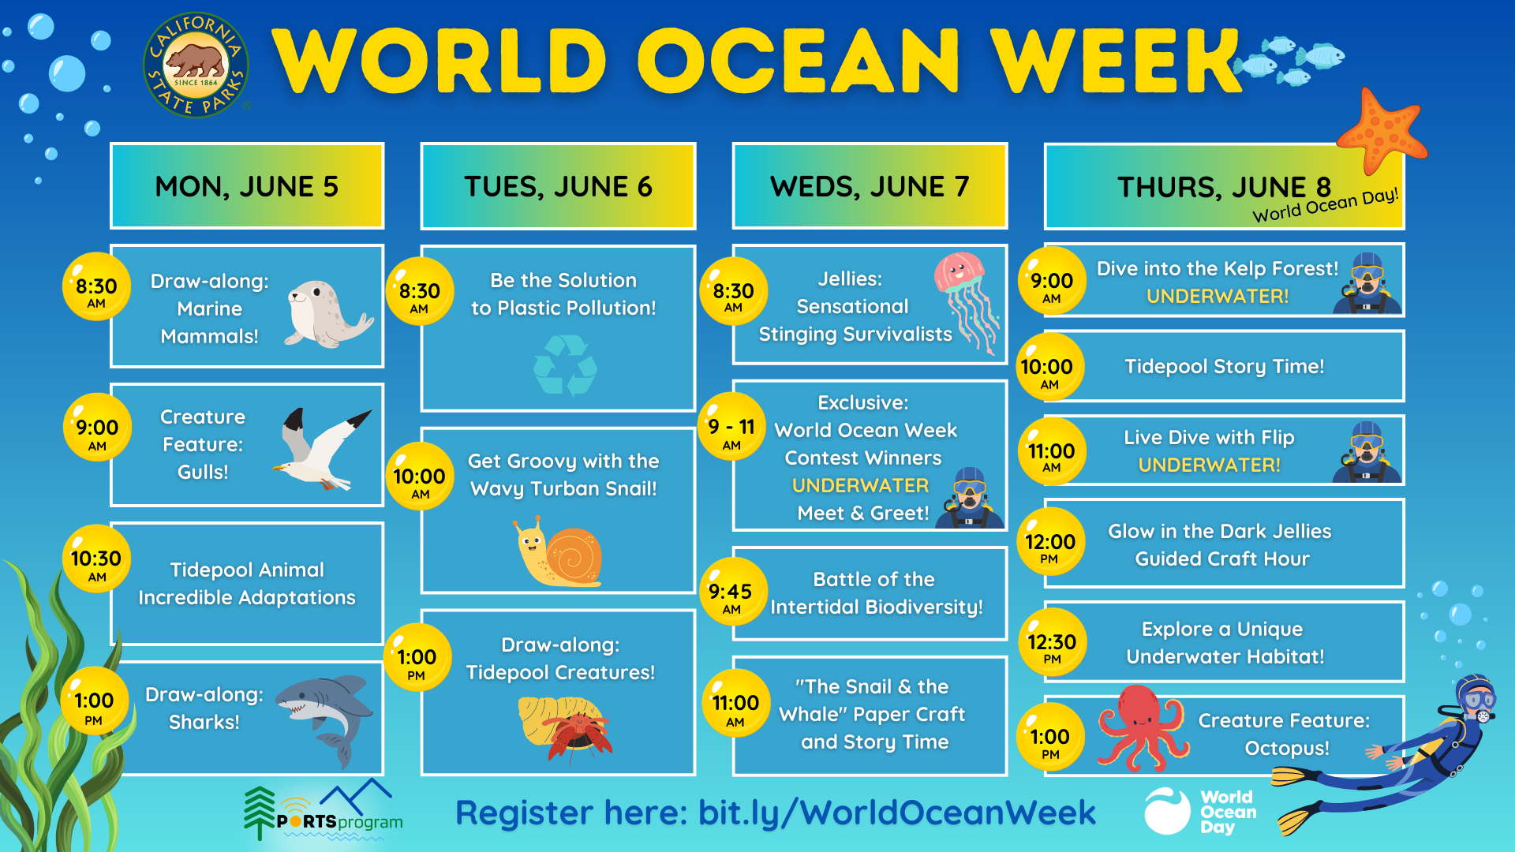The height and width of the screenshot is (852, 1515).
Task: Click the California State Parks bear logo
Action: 196,65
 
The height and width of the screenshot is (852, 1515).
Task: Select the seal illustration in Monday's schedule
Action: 327,314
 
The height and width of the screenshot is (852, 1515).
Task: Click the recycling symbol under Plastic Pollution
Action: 565,364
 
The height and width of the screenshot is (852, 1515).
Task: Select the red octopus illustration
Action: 1142,727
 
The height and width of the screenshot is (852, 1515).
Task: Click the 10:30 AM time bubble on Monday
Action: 96,559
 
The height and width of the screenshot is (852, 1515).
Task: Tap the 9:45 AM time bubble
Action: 732,592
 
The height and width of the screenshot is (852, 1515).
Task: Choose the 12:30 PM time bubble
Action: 1052,642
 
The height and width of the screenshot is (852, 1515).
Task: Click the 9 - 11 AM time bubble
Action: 731,428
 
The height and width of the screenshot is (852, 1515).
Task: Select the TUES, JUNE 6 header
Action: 558,186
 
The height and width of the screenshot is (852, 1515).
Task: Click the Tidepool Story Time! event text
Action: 1224,367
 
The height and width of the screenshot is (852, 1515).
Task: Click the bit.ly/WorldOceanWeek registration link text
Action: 896,813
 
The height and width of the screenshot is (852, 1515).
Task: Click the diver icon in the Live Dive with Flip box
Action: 1367,451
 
